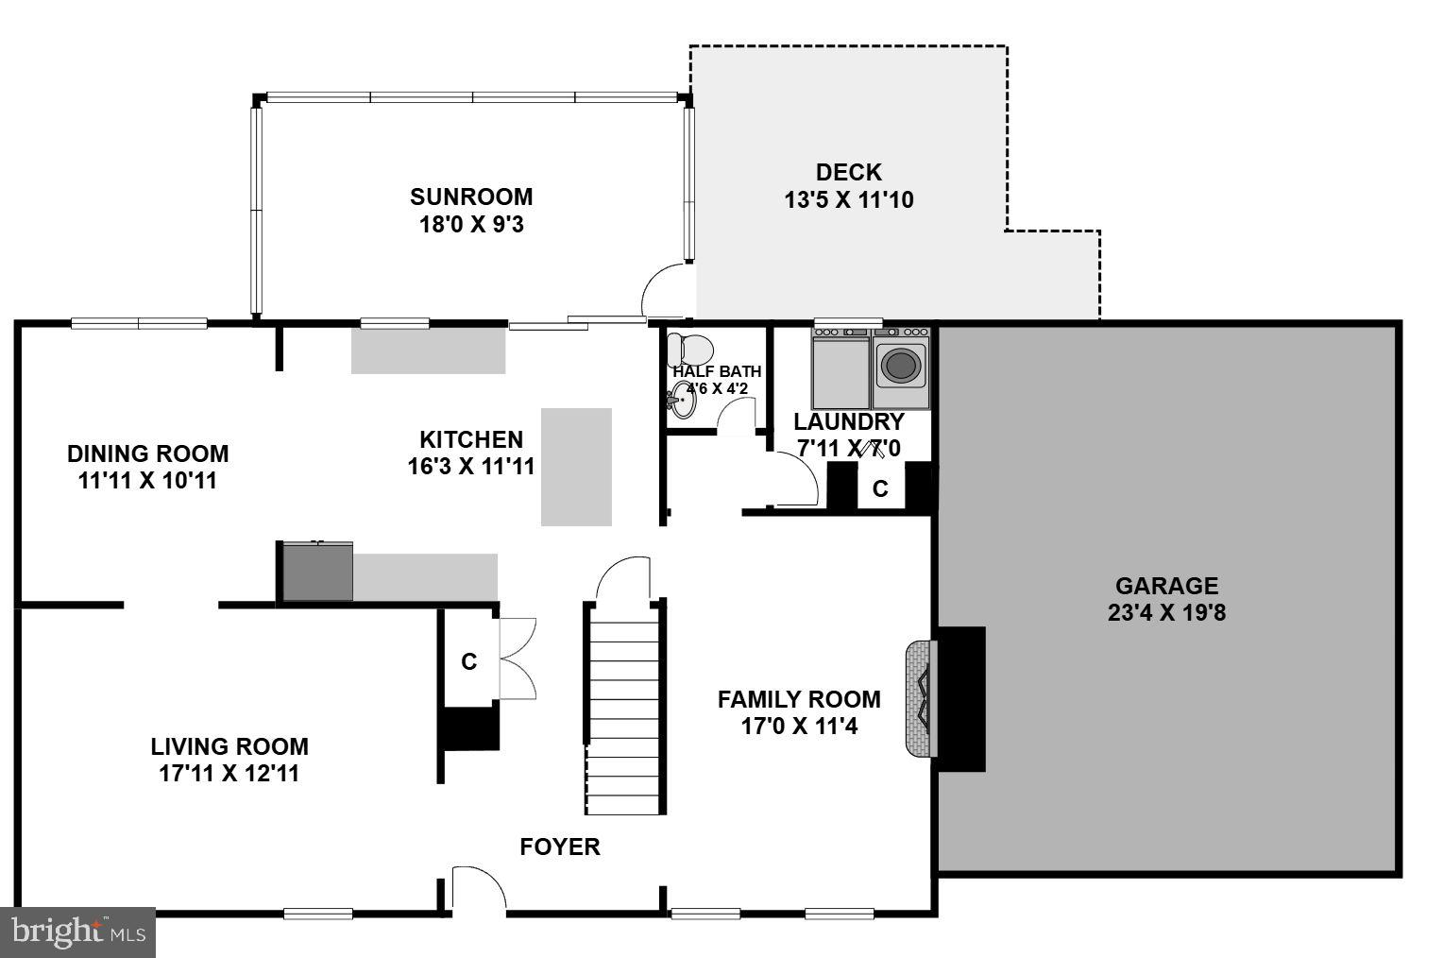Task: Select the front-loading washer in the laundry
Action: point(901,365)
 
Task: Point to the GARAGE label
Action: point(1166,586)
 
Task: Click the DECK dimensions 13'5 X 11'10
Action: point(848,200)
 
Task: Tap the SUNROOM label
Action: point(470,197)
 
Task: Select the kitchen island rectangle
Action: point(576,467)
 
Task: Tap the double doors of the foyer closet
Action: point(518,659)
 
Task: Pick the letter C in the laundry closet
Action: point(880,489)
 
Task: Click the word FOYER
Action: point(560,847)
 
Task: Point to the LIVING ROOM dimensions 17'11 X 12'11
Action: point(229,774)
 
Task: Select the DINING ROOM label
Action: point(147,453)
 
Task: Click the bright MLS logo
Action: point(77,932)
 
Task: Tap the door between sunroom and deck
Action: point(661,291)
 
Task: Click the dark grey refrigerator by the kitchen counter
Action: point(317,572)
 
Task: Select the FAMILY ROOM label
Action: point(799,699)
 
